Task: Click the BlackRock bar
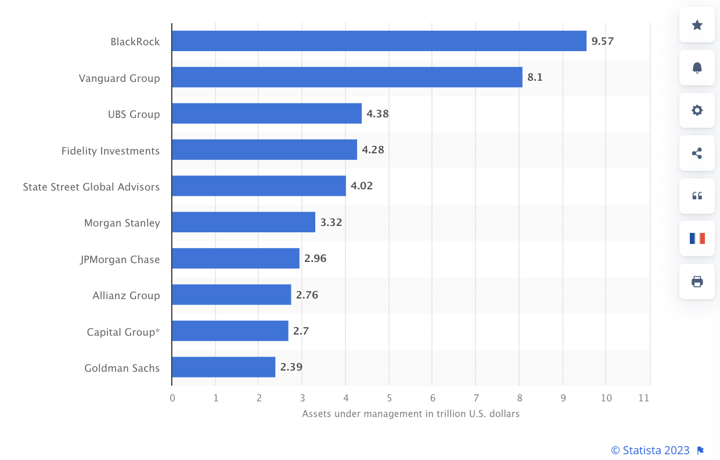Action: (x=379, y=41)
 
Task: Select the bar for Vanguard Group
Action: (x=347, y=77)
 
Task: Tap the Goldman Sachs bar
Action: (x=224, y=367)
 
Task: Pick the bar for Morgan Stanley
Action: (x=243, y=222)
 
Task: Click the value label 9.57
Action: (x=602, y=41)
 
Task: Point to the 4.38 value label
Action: (x=377, y=114)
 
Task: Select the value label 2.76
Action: (x=307, y=295)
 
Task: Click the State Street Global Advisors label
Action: (x=91, y=187)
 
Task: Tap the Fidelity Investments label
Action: (x=110, y=151)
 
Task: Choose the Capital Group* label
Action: (x=123, y=332)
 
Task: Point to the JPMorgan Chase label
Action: (x=120, y=260)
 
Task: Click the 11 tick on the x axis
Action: (x=643, y=398)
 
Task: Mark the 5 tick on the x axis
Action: (x=389, y=398)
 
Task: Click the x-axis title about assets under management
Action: (x=411, y=414)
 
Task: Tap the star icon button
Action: (x=697, y=25)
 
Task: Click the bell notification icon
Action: (x=697, y=68)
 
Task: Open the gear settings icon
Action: (x=697, y=110)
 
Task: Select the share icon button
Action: (x=697, y=153)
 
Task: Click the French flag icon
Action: (x=697, y=238)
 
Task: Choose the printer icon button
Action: (x=697, y=282)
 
